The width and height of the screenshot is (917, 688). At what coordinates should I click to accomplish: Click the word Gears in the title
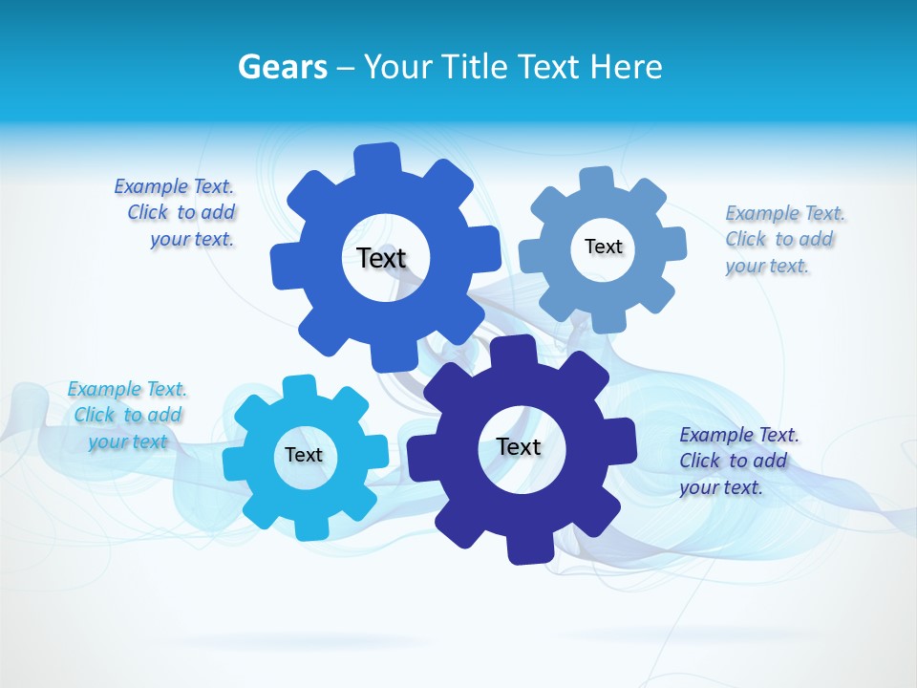pyautogui.click(x=283, y=67)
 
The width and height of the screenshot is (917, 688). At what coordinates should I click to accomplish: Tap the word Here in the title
pyautogui.click(x=625, y=67)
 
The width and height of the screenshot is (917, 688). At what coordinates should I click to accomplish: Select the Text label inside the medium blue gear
pyautogui.click(x=382, y=258)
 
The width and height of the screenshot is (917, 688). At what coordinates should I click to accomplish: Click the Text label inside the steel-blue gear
pyautogui.click(x=603, y=247)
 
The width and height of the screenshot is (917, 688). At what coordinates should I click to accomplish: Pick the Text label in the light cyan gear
pyautogui.click(x=304, y=455)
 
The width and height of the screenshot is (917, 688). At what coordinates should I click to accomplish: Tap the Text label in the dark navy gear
pyautogui.click(x=519, y=446)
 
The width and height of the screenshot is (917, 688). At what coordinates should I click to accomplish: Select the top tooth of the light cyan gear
pyautogui.click(x=299, y=387)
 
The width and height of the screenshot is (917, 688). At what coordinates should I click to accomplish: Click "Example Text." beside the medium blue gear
pyautogui.click(x=174, y=186)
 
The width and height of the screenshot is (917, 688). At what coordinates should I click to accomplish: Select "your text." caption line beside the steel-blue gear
pyautogui.click(x=766, y=266)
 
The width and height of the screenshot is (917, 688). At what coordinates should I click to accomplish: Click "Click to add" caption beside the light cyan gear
pyautogui.click(x=128, y=415)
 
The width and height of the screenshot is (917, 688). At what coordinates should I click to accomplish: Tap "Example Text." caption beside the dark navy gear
pyautogui.click(x=739, y=435)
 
